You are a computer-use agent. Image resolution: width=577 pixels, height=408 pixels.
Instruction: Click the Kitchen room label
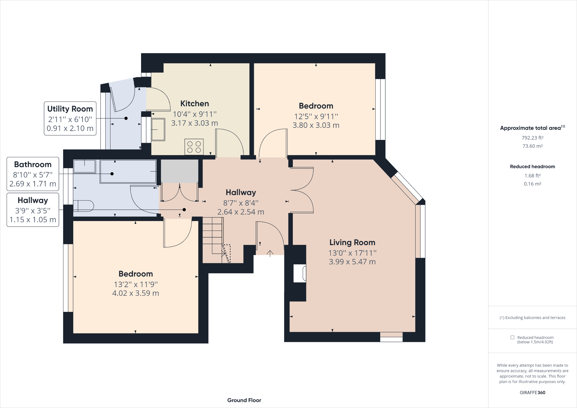(x=194, y=104)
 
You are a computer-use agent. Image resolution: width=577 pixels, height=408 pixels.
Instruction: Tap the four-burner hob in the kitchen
(x=194, y=147)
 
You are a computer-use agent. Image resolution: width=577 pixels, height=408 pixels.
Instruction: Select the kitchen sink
(x=158, y=130)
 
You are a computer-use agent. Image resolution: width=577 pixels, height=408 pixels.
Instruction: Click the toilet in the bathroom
(x=84, y=206)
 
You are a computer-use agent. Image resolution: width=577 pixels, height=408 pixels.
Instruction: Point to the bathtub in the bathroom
(x=128, y=171)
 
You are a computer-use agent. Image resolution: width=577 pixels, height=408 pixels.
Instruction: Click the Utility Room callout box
(x=70, y=118)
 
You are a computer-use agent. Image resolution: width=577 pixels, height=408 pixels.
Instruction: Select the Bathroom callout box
(x=33, y=174)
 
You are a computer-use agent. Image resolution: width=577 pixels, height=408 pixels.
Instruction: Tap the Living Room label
(x=352, y=242)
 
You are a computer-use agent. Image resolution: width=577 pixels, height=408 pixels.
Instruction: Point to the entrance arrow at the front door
(x=270, y=253)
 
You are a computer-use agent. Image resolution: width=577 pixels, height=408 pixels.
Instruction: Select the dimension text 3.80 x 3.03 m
(x=316, y=125)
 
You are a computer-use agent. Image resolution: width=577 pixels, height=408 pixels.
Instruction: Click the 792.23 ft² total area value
(x=532, y=138)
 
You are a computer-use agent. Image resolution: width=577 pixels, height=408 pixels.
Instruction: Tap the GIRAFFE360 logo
(x=532, y=392)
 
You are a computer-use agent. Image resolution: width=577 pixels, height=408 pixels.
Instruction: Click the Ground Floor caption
(x=244, y=400)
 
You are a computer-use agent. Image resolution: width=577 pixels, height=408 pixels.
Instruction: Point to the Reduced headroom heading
(x=532, y=166)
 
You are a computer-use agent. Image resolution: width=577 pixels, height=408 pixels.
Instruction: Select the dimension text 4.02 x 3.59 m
(x=136, y=293)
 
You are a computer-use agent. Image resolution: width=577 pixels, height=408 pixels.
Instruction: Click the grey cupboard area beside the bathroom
(x=179, y=171)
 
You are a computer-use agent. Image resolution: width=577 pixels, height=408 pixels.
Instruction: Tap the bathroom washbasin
(x=85, y=166)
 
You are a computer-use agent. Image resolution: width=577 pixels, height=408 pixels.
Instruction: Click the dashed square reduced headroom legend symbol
(x=512, y=337)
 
